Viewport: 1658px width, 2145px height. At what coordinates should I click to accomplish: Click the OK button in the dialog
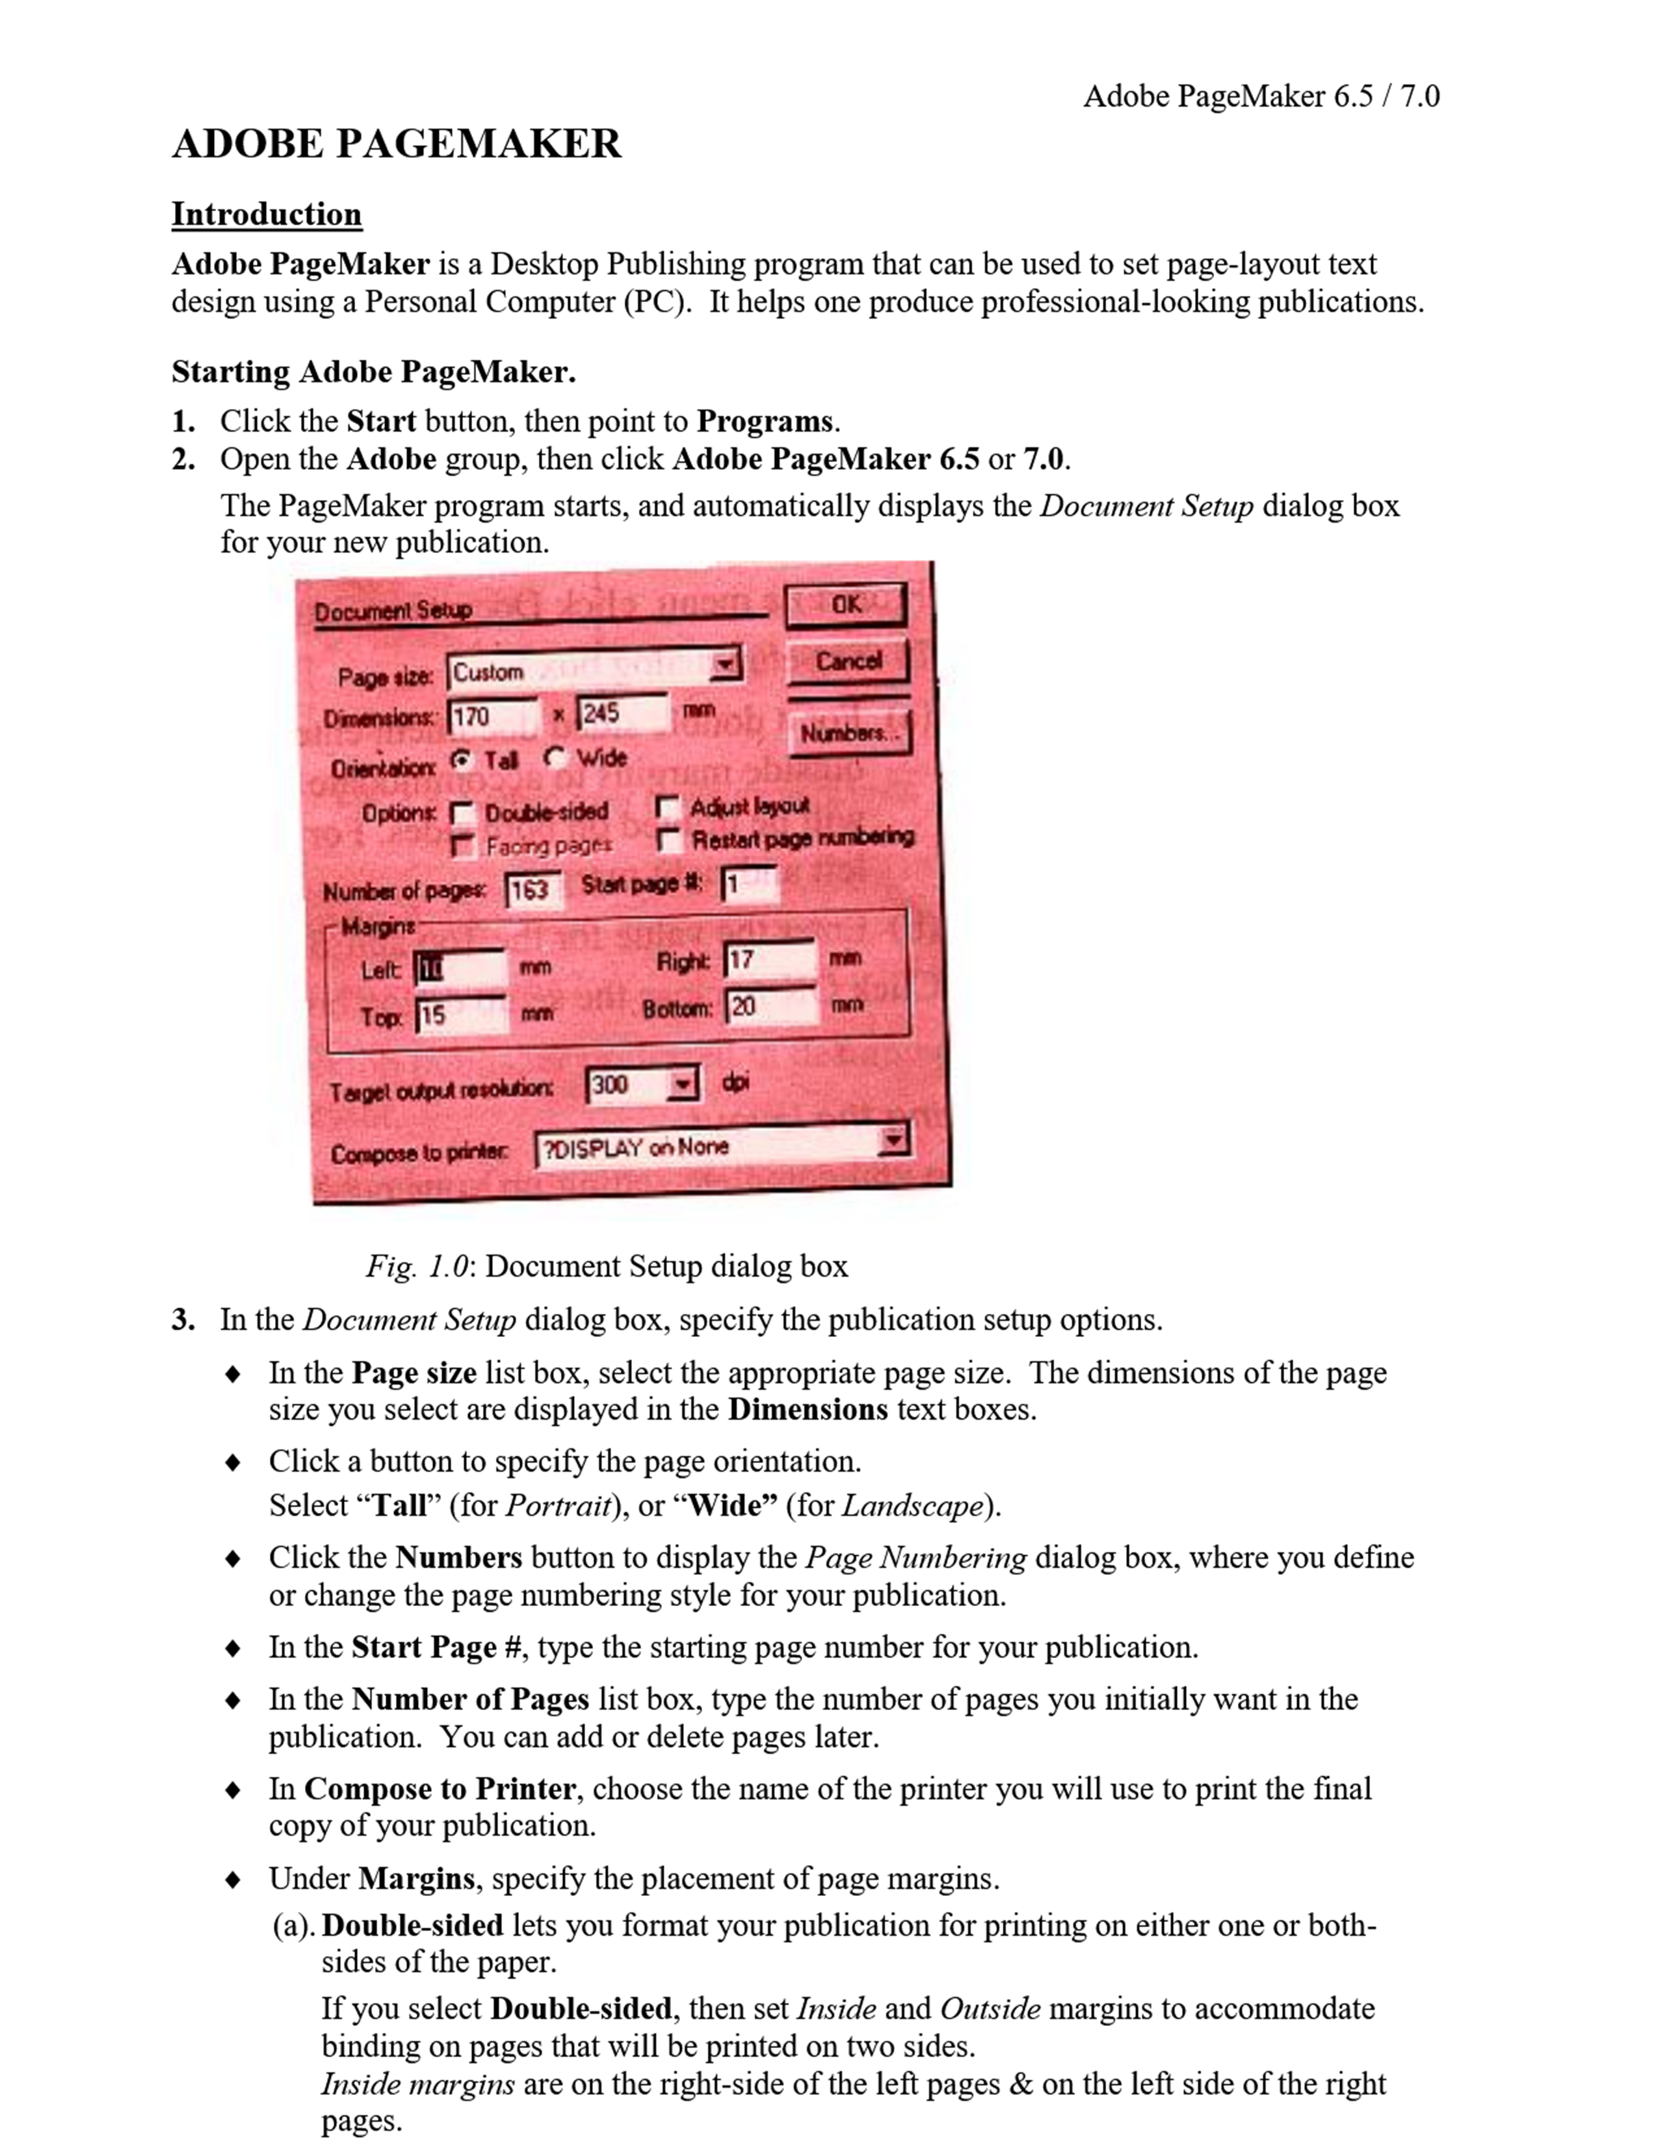(x=846, y=606)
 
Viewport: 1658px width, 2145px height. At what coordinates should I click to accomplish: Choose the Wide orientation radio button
(x=556, y=757)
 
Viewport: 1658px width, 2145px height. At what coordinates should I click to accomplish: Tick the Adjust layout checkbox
(x=668, y=807)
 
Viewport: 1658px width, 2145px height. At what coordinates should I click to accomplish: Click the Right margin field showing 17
(x=770, y=959)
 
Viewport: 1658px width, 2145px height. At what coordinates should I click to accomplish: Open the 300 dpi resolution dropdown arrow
(x=681, y=1084)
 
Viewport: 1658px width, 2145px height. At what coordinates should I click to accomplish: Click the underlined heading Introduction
(x=266, y=214)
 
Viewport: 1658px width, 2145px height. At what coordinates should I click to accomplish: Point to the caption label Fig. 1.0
(x=417, y=1266)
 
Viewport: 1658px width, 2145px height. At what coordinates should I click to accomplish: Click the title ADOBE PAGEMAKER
(x=396, y=144)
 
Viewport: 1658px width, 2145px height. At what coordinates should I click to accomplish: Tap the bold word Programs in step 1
(x=764, y=421)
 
